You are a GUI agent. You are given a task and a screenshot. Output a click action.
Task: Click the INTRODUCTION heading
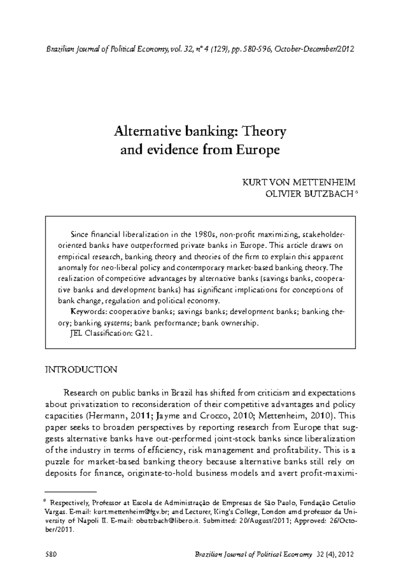click(x=81, y=370)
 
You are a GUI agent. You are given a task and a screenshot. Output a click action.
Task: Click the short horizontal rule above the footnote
click(x=71, y=492)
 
